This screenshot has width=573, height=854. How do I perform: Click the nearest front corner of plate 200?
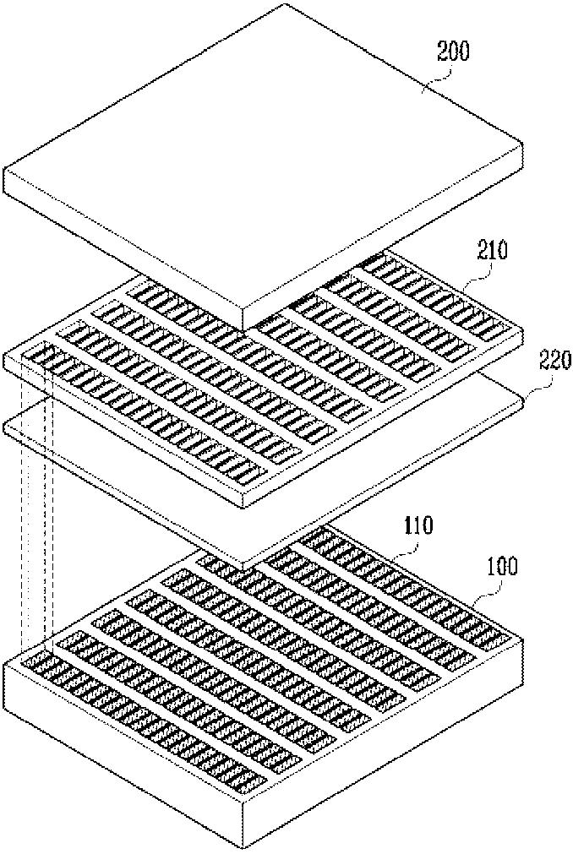coord(243,329)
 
